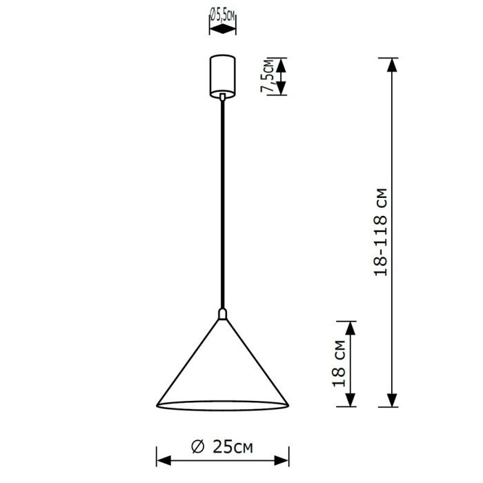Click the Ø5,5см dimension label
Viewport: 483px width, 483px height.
pyautogui.click(x=223, y=16)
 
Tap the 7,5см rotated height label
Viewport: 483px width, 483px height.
pyautogui.click(x=268, y=76)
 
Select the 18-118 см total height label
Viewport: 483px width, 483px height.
pyautogui.click(x=380, y=232)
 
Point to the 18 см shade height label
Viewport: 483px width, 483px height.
pyautogui.click(x=339, y=364)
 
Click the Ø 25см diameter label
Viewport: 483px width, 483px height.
pyautogui.click(x=221, y=447)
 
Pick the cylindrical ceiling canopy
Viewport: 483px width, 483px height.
pyautogui.click(x=223, y=76)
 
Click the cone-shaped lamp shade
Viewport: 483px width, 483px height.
pyautogui.click(x=223, y=364)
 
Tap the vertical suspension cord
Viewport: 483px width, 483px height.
pyautogui.click(x=223, y=204)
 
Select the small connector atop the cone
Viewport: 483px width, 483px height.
pyautogui.click(x=223, y=314)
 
